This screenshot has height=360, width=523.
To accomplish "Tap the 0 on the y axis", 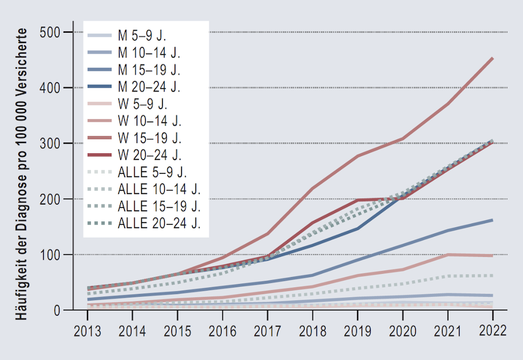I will coord(58,310).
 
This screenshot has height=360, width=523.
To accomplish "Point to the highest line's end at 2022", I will coord(492,58).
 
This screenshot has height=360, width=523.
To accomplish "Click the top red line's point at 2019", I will coord(357,155).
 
